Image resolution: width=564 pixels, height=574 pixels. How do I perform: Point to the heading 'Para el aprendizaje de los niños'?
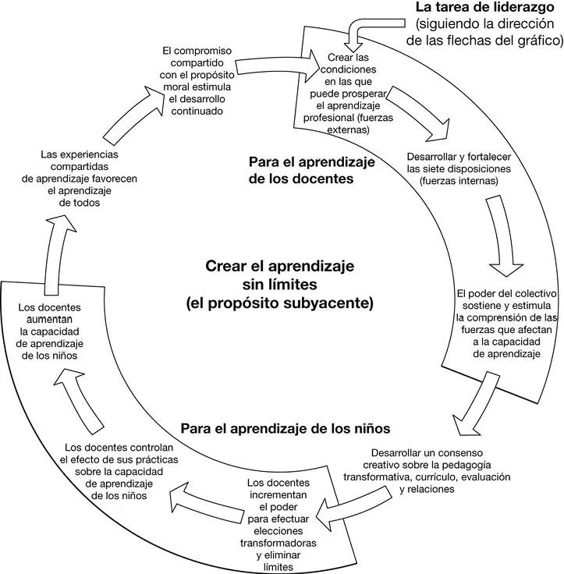point(285,429)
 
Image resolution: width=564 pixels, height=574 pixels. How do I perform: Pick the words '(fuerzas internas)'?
point(458,181)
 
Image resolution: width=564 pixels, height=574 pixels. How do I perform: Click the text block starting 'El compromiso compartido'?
point(189,81)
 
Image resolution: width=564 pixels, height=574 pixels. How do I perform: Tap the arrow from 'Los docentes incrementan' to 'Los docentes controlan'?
point(201,494)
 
